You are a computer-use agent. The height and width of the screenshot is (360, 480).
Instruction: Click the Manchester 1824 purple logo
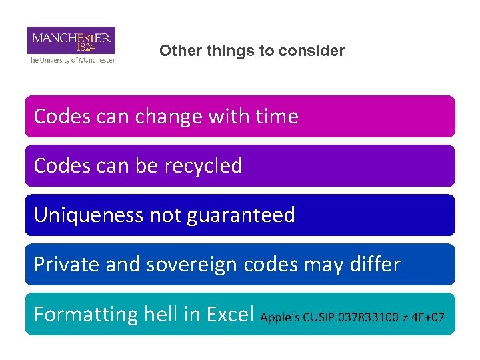pyautogui.click(x=71, y=40)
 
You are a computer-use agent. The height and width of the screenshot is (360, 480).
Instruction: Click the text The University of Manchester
pyautogui.click(x=71, y=60)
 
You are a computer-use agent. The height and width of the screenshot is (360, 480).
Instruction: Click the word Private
pyautogui.click(x=65, y=265)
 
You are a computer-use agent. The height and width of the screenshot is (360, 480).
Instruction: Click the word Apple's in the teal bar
pyautogui.click(x=280, y=317)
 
